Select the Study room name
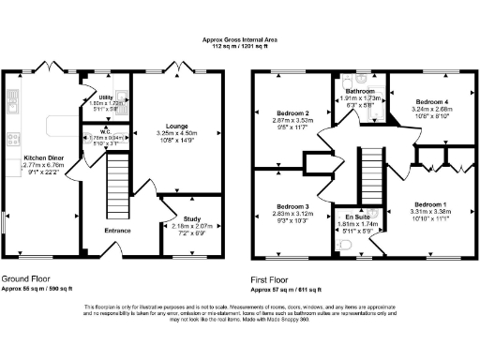tap(191, 218)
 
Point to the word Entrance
tap(117, 230)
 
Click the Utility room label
tap(105, 97)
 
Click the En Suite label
tap(356, 217)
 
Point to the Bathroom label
tap(360, 91)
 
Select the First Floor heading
tap(276, 279)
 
